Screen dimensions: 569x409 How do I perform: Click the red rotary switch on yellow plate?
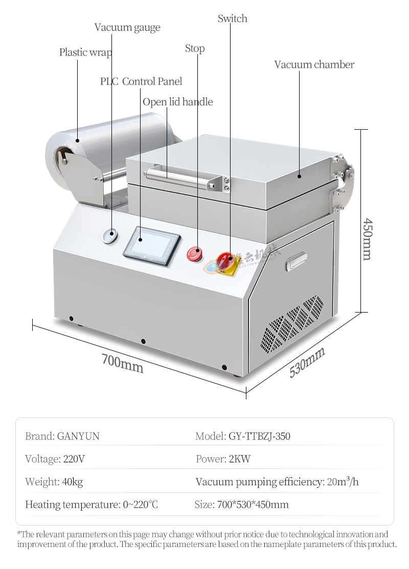click(x=225, y=261)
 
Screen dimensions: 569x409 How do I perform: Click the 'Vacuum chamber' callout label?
click(x=314, y=65)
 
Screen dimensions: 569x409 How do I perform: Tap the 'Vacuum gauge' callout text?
click(x=127, y=28)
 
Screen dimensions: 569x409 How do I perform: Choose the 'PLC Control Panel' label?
click(x=141, y=81)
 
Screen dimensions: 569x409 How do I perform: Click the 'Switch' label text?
click(x=232, y=19)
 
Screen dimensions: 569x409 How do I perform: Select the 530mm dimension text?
click(x=307, y=362)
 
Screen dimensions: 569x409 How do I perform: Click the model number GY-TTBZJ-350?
click(x=257, y=436)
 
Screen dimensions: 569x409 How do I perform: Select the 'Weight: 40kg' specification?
click(x=54, y=482)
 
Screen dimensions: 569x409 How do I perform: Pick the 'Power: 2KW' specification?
click(x=223, y=459)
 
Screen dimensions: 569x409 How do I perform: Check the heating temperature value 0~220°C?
click(x=141, y=505)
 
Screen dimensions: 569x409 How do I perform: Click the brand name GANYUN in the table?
click(x=78, y=436)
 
